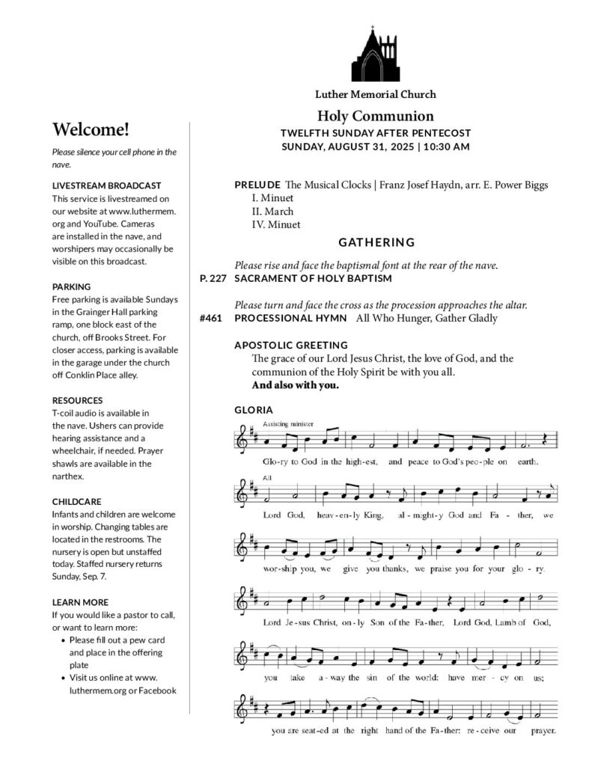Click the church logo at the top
click(375, 55)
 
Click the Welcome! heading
click(91, 129)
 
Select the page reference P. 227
click(213, 278)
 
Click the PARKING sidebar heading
click(72, 287)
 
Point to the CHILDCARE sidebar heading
click(76, 501)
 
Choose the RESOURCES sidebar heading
click(77, 400)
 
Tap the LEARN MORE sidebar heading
click(80, 602)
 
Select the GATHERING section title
click(376, 242)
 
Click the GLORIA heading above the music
click(254, 410)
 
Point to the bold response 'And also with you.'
click(295, 386)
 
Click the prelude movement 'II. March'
click(272, 211)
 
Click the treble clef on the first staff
click(242, 441)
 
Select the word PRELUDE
click(257, 185)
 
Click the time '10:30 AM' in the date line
click(446, 147)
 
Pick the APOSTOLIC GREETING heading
click(290, 345)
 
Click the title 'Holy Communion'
click(375, 116)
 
